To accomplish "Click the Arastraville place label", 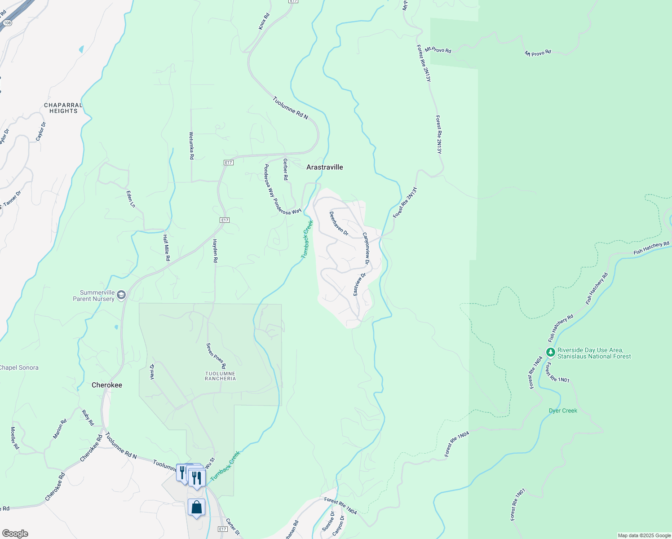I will pos(324,167).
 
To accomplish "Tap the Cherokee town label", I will pos(107,385).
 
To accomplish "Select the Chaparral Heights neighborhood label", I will pos(63,108).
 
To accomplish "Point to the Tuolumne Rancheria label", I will pos(220,376).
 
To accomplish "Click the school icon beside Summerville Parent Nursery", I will pos(121,295).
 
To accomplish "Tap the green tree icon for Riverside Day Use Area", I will pos(550,352).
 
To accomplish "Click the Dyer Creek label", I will pos(563,411).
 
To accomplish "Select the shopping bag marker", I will pos(196,508).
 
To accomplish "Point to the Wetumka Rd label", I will pos(191,146).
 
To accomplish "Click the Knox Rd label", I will pos(264,22).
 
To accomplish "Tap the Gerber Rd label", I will pos(285,169).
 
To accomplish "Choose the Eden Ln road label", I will pos(131,199).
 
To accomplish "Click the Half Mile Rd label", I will pos(167,248).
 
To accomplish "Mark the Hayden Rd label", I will pos(215,251).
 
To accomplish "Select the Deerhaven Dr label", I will pos(339,223).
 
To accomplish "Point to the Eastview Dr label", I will pos(359,284).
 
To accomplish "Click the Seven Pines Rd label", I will pos(216,356).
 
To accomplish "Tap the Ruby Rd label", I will pos(88,417).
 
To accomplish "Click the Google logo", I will pos(15,534).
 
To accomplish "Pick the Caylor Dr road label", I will pos(40,131).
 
